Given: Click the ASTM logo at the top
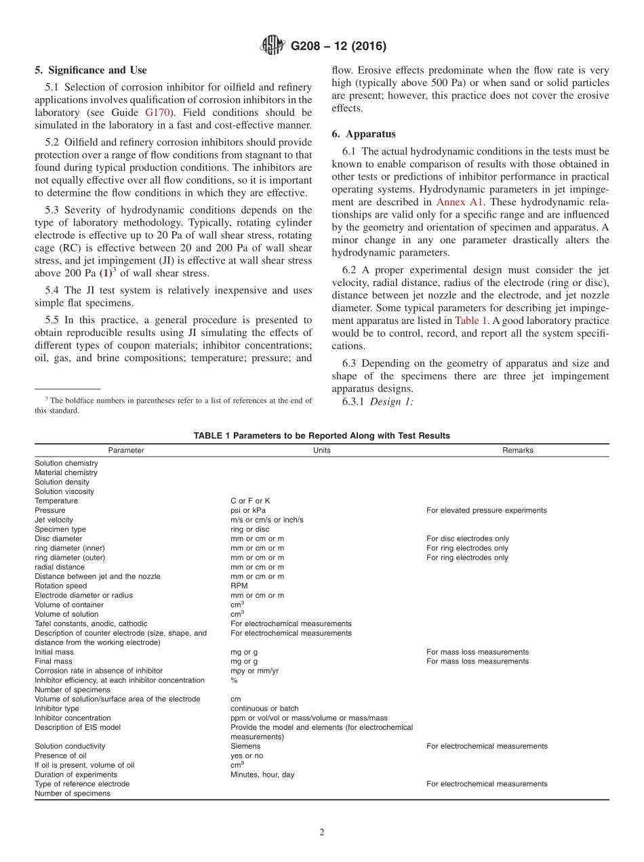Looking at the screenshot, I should click(273, 46).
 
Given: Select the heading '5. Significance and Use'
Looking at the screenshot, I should click(90, 70).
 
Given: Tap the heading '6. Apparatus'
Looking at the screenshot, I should click(363, 134).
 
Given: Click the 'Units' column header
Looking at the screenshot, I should click(322, 450).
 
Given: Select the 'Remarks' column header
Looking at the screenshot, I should click(517, 450).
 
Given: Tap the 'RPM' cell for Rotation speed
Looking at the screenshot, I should click(239, 586).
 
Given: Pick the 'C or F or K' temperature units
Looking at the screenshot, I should click(250, 501).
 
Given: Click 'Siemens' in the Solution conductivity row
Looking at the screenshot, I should click(245, 746).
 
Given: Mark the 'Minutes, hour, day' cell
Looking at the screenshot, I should click(262, 775).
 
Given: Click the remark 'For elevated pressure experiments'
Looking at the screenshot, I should click(486, 510).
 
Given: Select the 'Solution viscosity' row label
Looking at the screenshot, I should click(64, 491).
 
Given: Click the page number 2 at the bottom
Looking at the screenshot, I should click(322, 833).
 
